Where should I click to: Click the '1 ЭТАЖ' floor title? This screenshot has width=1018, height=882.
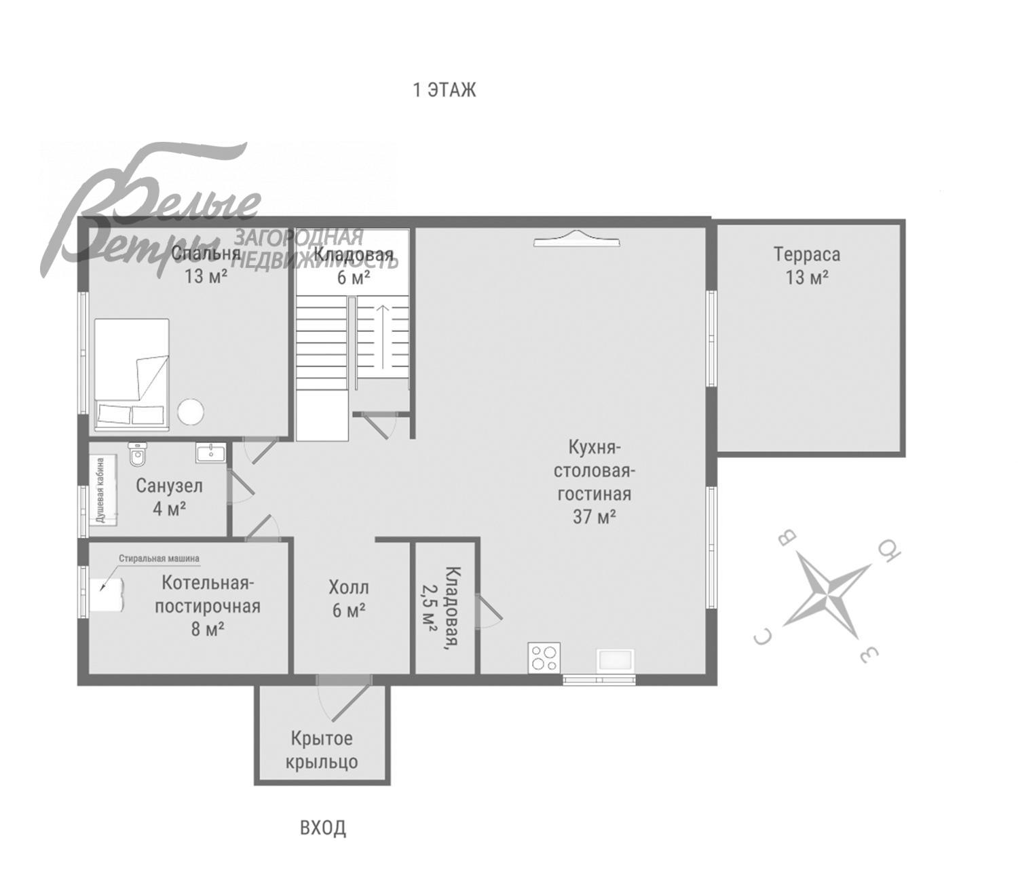click(445, 90)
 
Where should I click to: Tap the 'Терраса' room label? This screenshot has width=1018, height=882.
click(806, 255)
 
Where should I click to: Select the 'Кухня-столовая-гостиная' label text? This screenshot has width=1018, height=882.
click(594, 471)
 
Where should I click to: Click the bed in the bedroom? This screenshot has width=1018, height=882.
click(131, 375)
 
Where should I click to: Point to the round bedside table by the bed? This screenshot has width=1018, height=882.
click(191, 411)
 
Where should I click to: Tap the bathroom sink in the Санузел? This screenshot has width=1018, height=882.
click(211, 452)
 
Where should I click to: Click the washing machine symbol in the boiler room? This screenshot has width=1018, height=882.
click(107, 594)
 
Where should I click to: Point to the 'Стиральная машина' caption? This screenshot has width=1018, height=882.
click(159, 558)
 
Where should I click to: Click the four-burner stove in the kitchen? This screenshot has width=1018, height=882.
click(544, 657)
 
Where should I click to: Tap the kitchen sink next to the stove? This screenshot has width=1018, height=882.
click(616, 660)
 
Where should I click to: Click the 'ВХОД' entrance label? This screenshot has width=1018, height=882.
click(323, 828)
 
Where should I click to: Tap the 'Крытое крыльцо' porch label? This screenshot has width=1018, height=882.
click(322, 750)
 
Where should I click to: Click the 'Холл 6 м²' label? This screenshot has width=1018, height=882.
click(349, 598)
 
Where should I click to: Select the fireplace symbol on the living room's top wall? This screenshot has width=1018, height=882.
click(577, 238)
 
